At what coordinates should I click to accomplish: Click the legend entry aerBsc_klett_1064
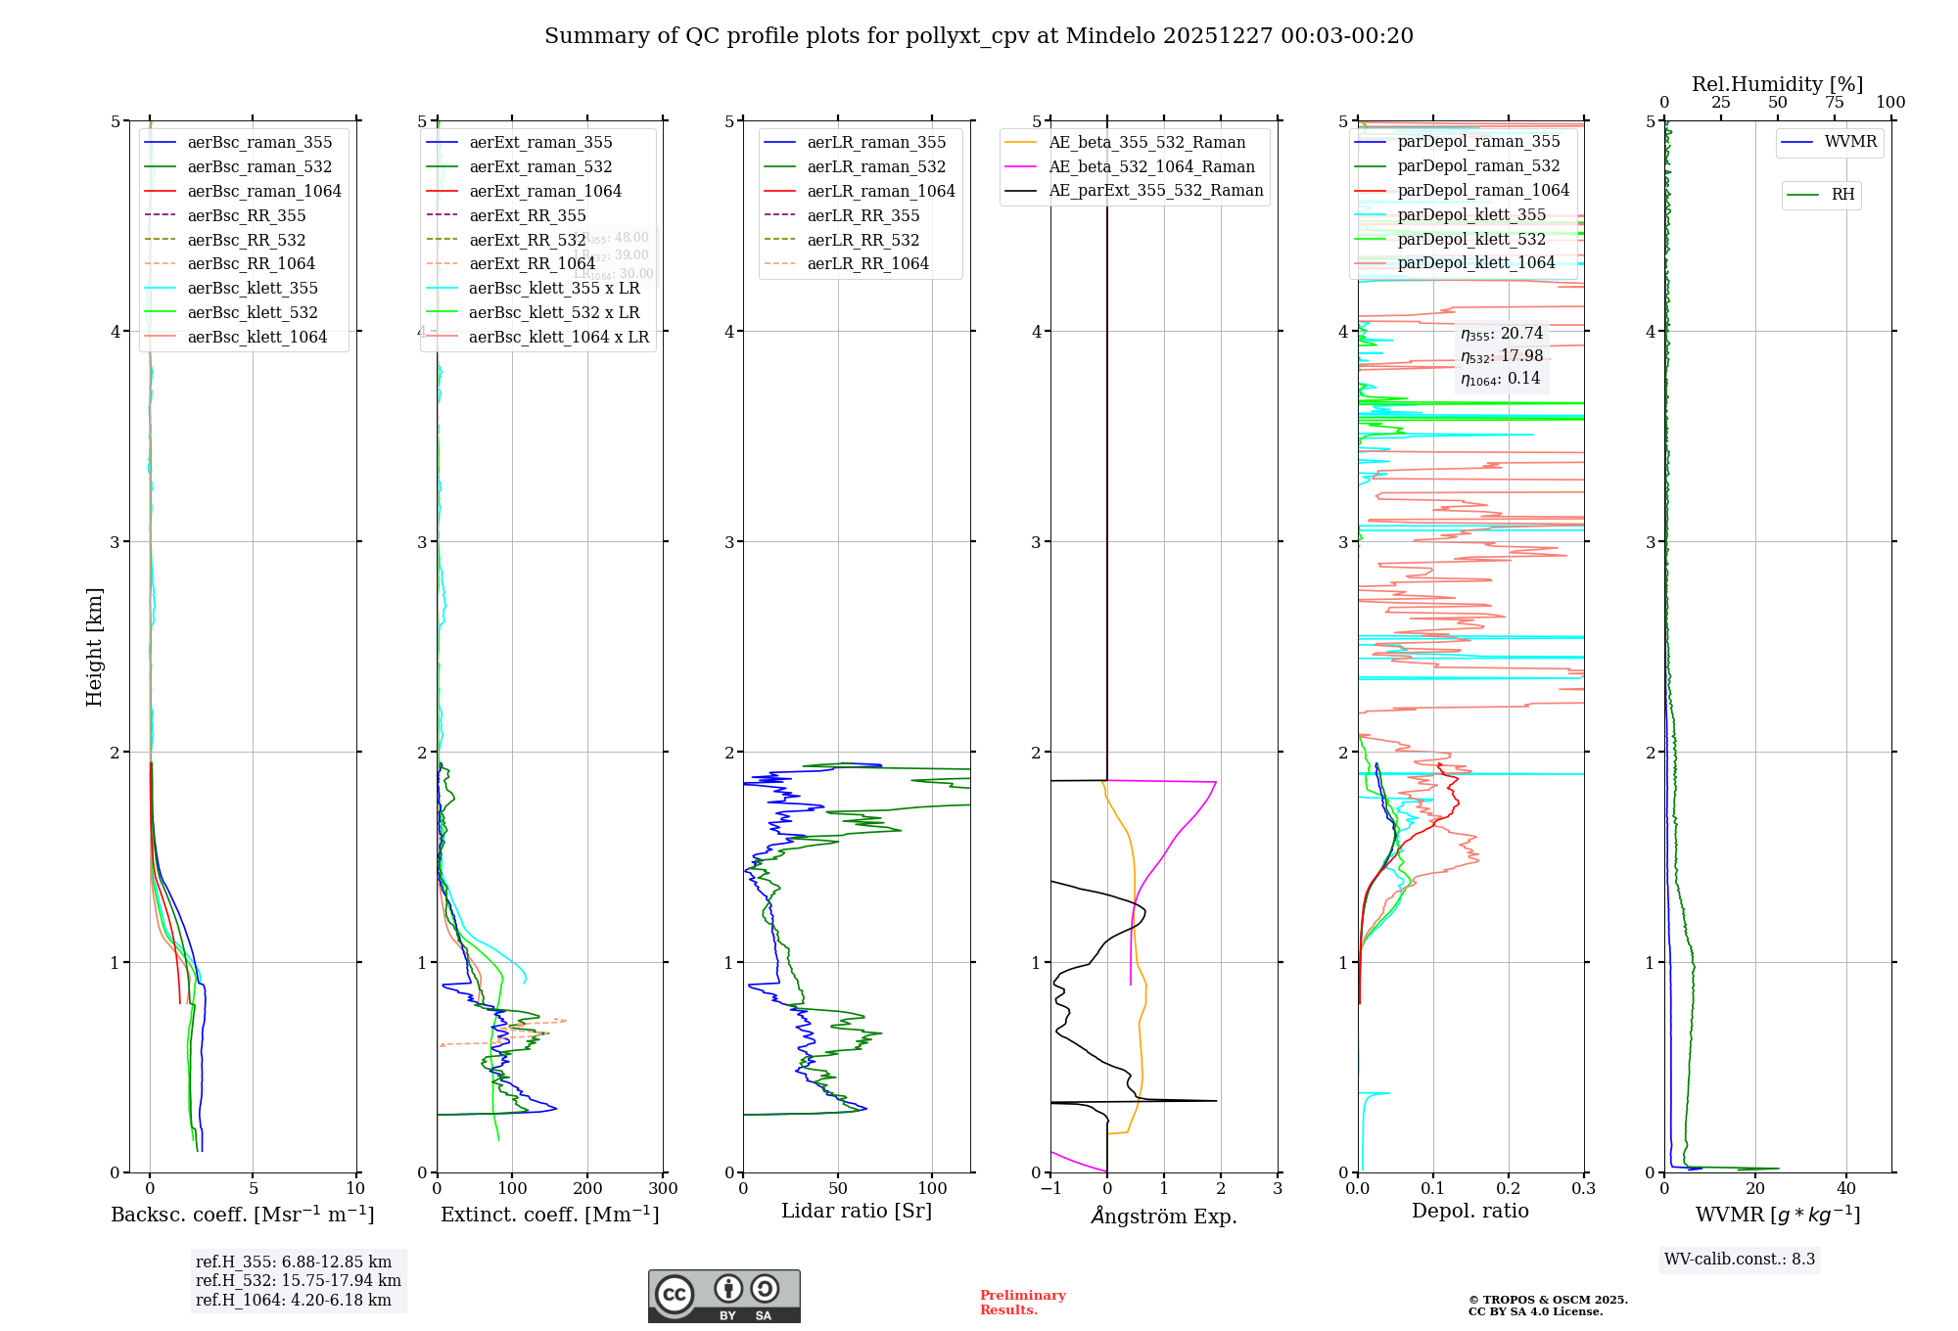click(256, 337)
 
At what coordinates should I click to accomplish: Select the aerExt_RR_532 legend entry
click(527, 240)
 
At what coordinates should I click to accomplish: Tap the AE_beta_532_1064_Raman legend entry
click(1151, 166)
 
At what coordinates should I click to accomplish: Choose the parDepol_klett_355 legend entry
click(1470, 214)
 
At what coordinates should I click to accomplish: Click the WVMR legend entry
click(1850, 142)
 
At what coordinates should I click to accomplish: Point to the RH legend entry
click(1842, 195)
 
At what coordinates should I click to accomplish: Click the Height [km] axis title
click(94, 647)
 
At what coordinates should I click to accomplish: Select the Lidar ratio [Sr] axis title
click(857, 1211)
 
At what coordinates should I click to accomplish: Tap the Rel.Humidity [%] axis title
click(1777, 84)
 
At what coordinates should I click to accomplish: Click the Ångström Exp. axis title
click(1164, 1216)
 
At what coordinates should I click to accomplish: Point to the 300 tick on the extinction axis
click(663, 1189)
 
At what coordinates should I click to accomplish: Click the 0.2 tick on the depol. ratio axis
click(1509, 1189)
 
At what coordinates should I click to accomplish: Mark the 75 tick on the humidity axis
click(1834, 103)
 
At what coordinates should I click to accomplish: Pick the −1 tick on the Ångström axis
click(1050, 1189)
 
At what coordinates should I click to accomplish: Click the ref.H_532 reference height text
click(298, 1280)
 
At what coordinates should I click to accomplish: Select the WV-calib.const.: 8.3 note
click(1740, 1259)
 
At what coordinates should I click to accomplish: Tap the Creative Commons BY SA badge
click(723, 1296)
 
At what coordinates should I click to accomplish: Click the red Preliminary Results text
click(1022, 1302)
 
